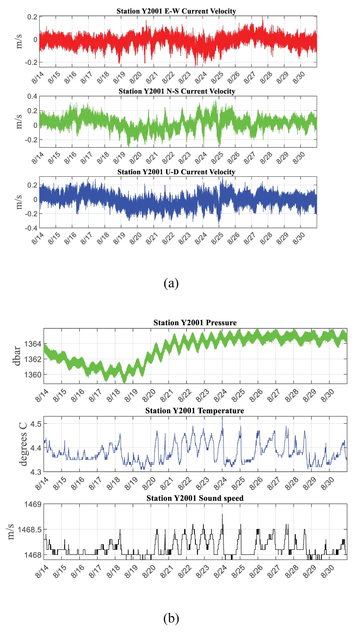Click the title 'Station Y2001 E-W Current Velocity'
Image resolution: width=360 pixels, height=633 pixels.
coord(176,11)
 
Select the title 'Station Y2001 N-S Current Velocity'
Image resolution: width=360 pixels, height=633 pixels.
coord(177,91)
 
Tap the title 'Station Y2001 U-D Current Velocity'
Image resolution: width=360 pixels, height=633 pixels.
coord(176,172)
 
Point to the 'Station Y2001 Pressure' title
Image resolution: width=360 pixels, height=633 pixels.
coord(195,323)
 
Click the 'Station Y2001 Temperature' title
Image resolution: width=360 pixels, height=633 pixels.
coord(194,411)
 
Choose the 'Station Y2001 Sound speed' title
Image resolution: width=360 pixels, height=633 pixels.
coord(195,498)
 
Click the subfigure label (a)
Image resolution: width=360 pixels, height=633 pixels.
coord(171,283)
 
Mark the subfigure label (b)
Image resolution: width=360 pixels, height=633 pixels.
coord(171,618)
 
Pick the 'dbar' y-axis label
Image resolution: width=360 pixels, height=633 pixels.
coord(17,356)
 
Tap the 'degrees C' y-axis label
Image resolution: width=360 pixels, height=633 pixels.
coord(23,444)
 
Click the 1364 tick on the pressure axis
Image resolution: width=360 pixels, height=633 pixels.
coord(33,344)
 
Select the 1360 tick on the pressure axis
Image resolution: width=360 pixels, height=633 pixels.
coord(33,374)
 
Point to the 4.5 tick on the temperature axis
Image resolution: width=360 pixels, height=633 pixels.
coord(36,424)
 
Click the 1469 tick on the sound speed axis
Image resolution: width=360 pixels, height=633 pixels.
coord(33,504)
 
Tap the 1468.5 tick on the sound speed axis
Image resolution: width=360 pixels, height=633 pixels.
coord(30,530)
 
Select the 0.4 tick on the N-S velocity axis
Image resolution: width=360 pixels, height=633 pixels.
coord(32,96)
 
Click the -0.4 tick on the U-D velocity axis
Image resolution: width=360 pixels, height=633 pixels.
coord(31,228)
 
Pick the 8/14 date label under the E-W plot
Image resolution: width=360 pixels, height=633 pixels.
coord(38,77)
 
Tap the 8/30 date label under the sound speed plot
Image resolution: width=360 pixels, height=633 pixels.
coord(328,571)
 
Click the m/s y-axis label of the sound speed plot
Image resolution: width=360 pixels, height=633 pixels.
coord(11,531)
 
